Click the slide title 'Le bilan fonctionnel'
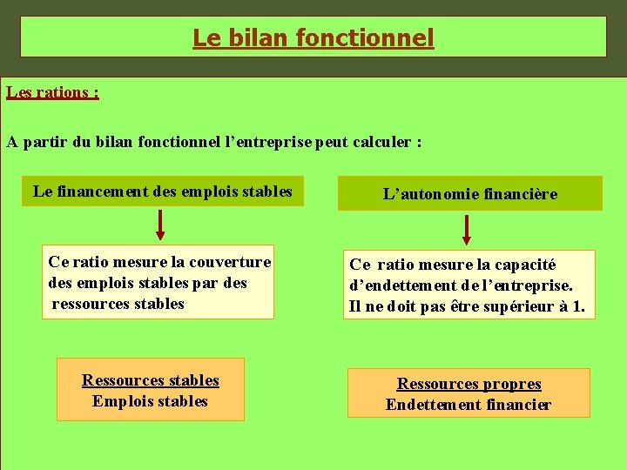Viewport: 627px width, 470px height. pyautogui.click(x=313, y=38)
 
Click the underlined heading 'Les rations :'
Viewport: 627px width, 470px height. pyautogui.click(x=52, y=91)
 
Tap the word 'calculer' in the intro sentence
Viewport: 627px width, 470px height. pyautogui.click(x=381, y=142)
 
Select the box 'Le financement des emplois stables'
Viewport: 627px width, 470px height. pyautogui.click(x=163, y=191)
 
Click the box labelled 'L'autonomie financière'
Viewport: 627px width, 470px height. pyautogui.click(x=470, y=194)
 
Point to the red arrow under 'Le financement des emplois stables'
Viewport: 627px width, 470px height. pyautogui.click(x=160, y=225)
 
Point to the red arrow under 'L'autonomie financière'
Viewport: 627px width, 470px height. pyautogui.click(x=467, y=229)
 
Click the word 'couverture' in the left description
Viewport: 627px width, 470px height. pyautogui.click(x=231, y=261)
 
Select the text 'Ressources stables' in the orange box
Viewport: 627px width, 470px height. pyautogui.click(x=151, y=380)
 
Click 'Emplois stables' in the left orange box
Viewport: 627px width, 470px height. pyautogui.click(x=151, y=401)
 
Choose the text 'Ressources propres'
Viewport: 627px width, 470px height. pyautogui.click(x=469, y=384)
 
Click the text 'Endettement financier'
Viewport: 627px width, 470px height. pyautogui.click(x=469, y=405)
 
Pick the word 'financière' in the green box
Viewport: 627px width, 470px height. pyautogui.click(x=522, y=194)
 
